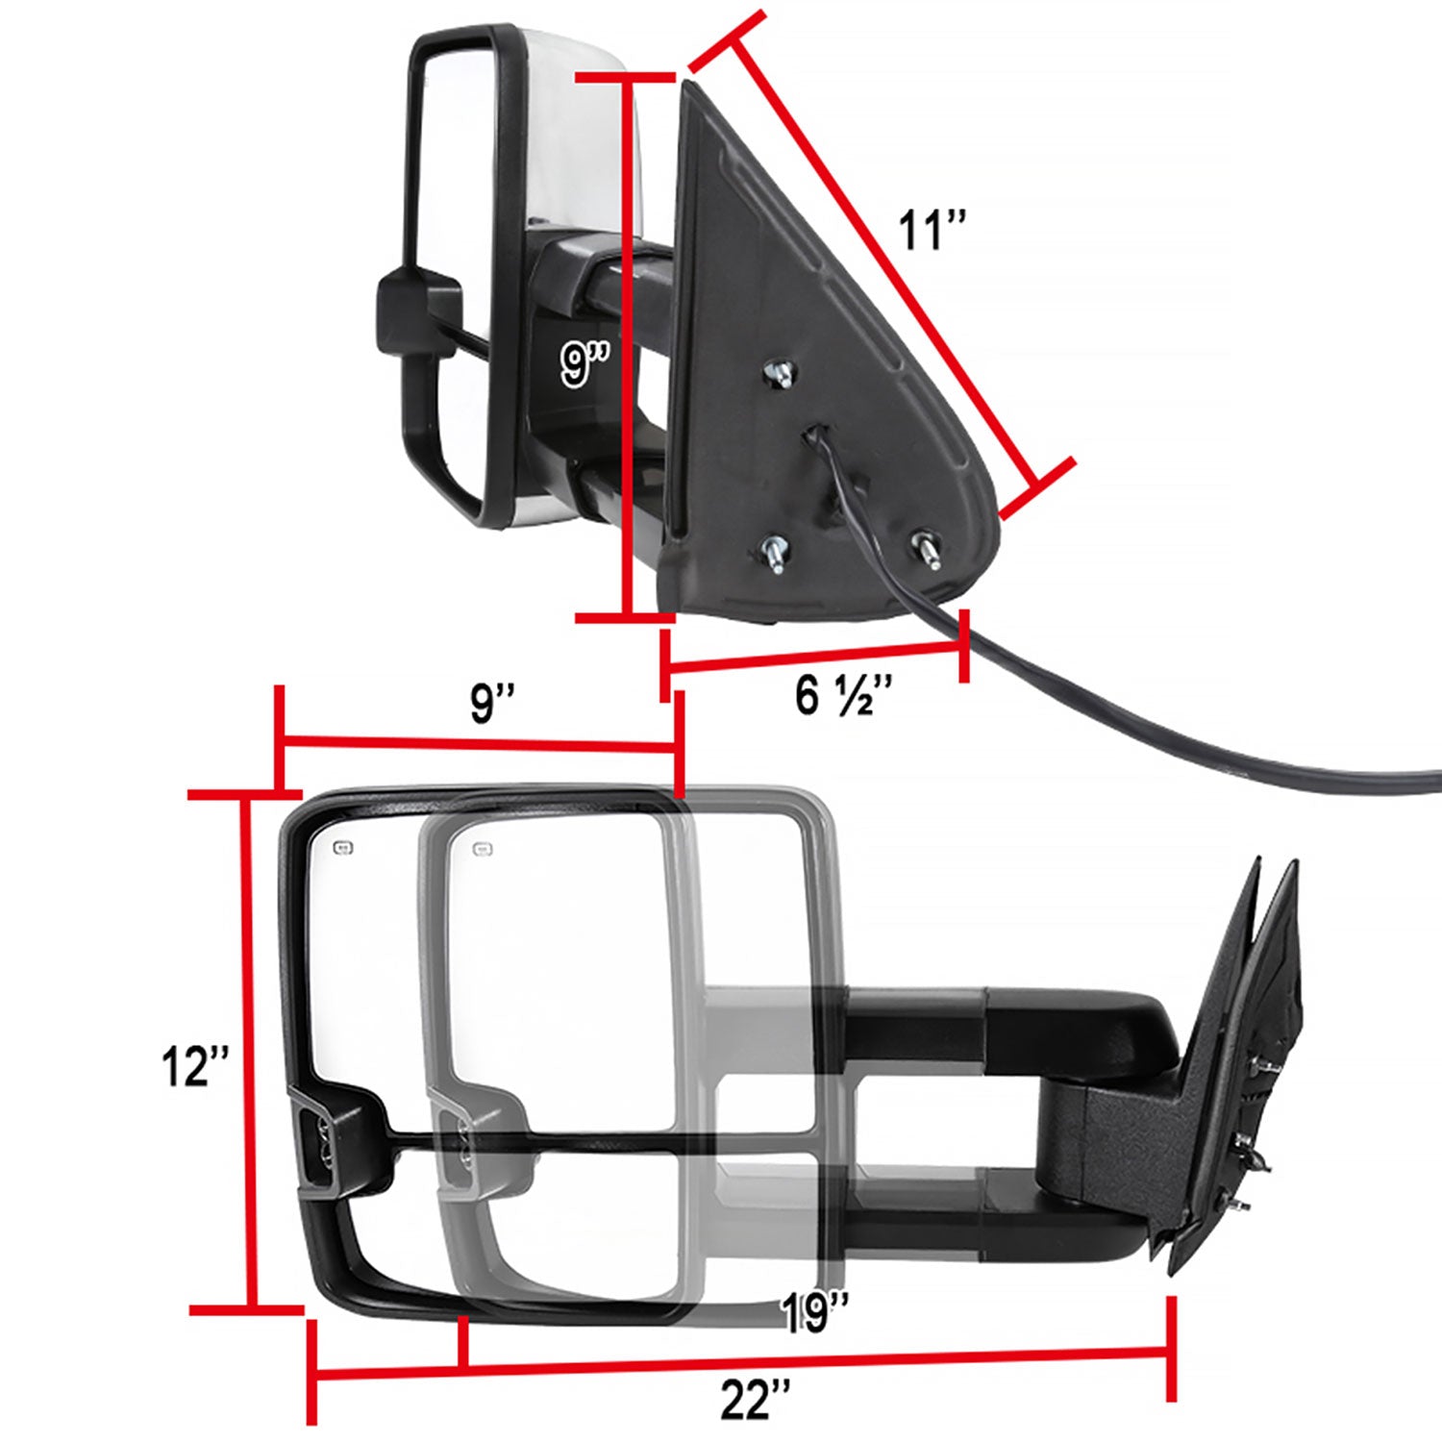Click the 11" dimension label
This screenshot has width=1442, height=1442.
click(x=931, y=231)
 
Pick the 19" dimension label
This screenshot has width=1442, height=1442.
click(x=815, y=1312)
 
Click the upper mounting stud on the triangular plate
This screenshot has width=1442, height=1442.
click(x=781, y=373)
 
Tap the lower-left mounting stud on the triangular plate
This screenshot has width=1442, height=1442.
click(x=775, y=555)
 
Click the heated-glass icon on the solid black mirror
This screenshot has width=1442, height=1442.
click(x=342, y=847)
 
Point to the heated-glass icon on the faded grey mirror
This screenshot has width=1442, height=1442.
click(x=483, y=849)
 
